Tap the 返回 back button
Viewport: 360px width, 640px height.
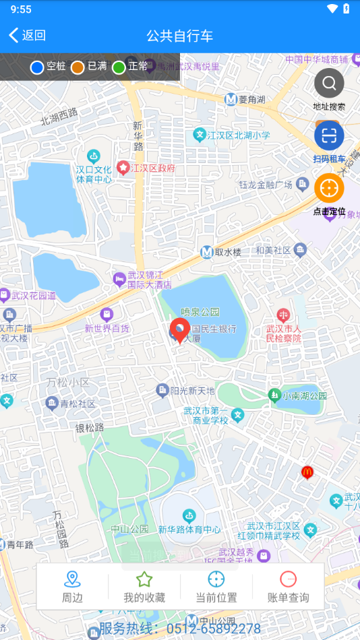(x=27, y=36)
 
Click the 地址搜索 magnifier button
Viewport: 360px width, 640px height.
(x=329, y=84)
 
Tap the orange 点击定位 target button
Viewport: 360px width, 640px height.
(x=329, y=189)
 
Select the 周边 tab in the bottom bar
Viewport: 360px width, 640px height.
(x=72, y=586)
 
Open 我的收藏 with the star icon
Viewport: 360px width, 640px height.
(x=144, y=586)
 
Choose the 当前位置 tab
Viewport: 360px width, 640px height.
(x=216, y=586)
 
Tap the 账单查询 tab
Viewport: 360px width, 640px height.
(x=288, y=586)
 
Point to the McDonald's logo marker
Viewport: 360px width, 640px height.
(x=307, y=472)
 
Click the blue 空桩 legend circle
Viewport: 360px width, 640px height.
(x=37, y=67)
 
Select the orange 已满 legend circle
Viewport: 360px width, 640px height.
(x=78, y=67)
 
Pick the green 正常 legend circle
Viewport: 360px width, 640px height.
(x=119, y=67)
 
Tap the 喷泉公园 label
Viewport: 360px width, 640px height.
(x=200, y=312)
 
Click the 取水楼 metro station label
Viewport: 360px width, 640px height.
(x=222, y=252)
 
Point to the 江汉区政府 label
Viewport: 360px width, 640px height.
(x=152, y=168)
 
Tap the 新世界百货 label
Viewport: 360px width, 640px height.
(x=107, y=328)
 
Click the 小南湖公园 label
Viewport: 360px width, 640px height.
(x=304, y=395)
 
